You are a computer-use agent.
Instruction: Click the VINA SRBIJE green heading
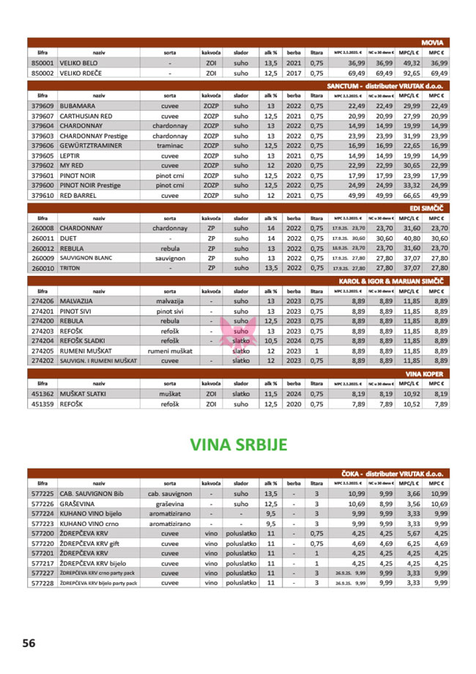[x=238, y=445]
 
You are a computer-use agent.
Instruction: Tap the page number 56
[x=28, y=642]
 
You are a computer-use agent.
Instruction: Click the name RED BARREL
[x=83, y=197]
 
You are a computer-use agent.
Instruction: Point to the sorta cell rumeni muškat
[x=170, y=351]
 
